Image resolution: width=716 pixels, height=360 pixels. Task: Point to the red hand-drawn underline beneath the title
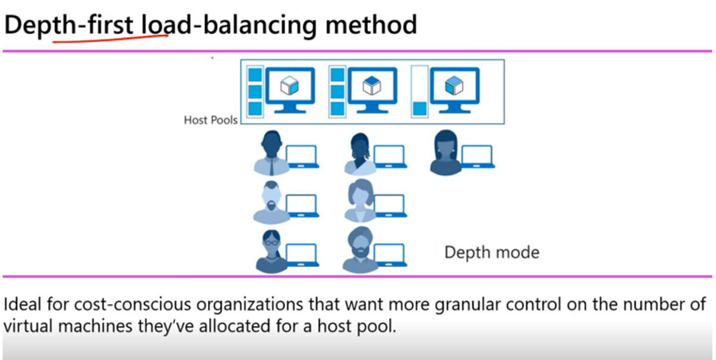(111, 40)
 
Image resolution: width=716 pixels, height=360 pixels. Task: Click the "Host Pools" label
(210, 120)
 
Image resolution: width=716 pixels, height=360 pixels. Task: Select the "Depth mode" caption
(492, 252)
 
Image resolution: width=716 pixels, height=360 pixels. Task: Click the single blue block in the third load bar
(419, 108)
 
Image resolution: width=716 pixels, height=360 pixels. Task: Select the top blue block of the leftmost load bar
(255, 75)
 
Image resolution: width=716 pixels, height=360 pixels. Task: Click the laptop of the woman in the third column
(477, 156)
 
